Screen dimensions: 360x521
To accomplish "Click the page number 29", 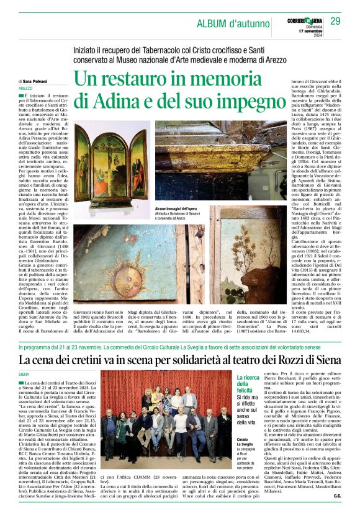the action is point(335,22).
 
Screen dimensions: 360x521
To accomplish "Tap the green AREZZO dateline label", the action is point(26,89).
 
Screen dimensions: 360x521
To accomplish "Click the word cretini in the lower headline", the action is point(110,360).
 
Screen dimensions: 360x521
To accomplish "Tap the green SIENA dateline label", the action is point(24,375).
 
